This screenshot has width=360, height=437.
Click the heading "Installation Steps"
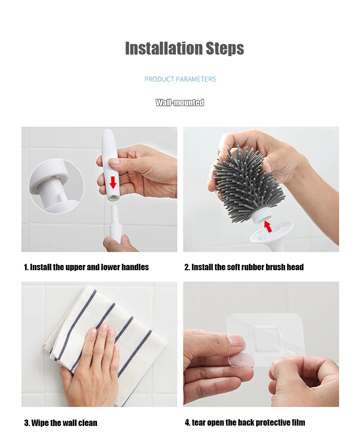click(x=185, y=48)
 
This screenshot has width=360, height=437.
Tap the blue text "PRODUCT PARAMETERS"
click(x=180, y=79)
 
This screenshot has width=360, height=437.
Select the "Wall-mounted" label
click(x=180, y=103)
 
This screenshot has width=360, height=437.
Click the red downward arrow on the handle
click(x=113, y=182)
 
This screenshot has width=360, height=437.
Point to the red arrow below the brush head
click(x=268, y=226)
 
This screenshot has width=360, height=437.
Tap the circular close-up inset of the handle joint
click(x=56, y=186)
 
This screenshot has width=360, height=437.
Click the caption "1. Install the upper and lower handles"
click(x=86, y=267)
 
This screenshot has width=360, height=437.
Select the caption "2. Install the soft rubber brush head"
click(x=244, y=267)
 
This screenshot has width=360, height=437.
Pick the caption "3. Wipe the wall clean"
click(x=61, y=423)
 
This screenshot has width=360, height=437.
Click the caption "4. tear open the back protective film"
click(x=245, y=423)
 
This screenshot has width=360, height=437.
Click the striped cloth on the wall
click(x=106, y=343)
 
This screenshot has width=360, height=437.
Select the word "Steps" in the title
click(x=225, y=48)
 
